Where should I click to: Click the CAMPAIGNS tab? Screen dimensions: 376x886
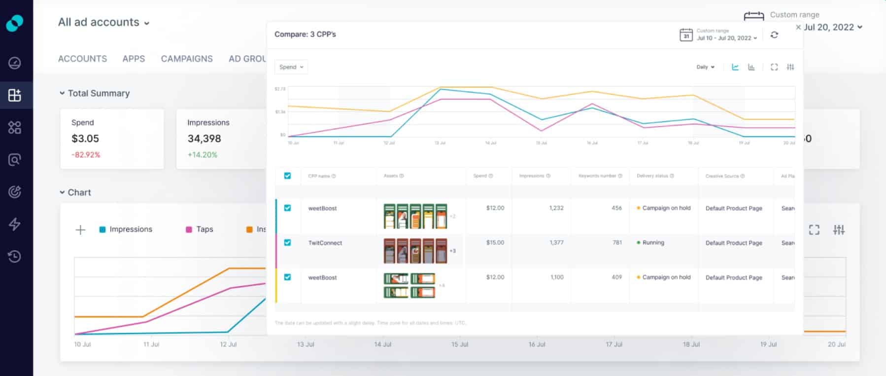coord(186,59)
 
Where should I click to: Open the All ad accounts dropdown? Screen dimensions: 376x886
coord(103,22)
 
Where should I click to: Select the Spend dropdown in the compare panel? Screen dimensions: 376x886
coord(291,67)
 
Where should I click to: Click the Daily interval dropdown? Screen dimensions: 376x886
coord(705,67)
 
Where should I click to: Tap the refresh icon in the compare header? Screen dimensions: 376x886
coord(774,35)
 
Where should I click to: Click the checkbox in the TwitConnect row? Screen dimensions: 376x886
coord(287,243)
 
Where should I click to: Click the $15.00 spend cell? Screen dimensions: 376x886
coord(495,243)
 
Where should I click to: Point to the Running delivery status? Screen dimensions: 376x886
coord(652,243)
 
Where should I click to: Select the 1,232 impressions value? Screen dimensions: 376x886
coord(556,208)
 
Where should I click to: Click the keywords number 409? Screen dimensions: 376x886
coord(616,277)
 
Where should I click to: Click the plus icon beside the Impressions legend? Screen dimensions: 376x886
coord(80,229)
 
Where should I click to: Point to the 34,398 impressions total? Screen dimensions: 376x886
coord(204,139)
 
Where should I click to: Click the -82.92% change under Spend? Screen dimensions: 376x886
coord(86,155)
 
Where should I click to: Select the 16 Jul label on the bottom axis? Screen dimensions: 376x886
coord(537,344)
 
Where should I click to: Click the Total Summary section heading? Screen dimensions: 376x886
coord(98,93)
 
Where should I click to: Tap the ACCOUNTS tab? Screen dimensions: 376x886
coord(82,59)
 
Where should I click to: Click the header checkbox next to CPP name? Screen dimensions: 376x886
coord(287,176)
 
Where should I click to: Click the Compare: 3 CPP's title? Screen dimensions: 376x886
coord(305,35)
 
